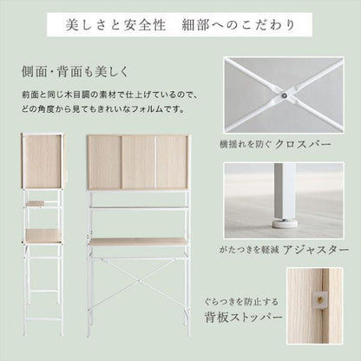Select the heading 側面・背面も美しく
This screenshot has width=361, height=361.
[x=75, y=71]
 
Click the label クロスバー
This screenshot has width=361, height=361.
[x=303, y=144]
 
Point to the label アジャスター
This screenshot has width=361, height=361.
[x=316, y=250]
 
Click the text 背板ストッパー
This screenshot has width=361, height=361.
[x=243, y=317]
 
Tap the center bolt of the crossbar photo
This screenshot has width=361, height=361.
[x=285, y=95]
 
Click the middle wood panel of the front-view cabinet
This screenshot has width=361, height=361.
[x=138, y=162]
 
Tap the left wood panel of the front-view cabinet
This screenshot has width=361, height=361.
[x=104, y=162]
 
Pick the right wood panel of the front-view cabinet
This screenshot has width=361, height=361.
[x=172, y=162]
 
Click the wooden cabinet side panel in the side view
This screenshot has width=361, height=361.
[x=42, y=161]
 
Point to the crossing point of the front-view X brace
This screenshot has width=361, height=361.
[x=139, y=280]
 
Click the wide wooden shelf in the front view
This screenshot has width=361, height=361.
[x=138, y=242]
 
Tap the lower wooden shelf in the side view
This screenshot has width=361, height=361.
[x=43, y=236]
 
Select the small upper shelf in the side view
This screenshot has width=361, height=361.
[x=35, y=204]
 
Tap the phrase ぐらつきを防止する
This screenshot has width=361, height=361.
[x=241, y=302]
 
